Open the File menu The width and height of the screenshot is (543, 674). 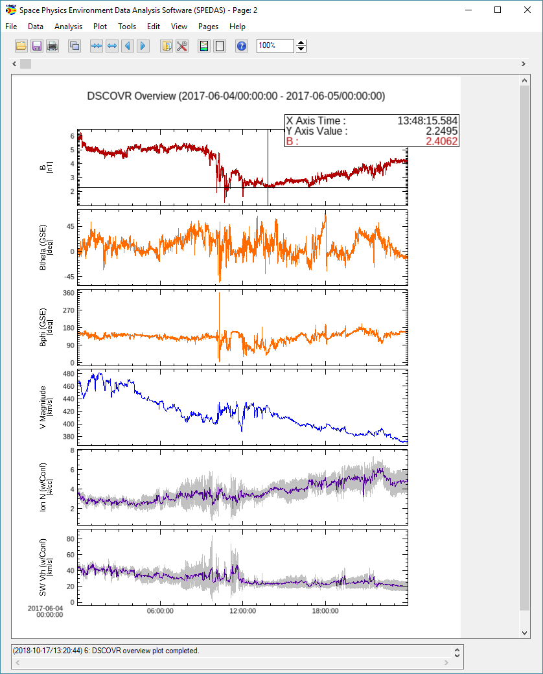pos(11,27)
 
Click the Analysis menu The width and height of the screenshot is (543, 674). pos(68,27)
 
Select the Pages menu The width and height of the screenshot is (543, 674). pos(208,27)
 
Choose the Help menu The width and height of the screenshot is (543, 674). pos(237,27)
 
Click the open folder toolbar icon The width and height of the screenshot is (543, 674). pos(21,46)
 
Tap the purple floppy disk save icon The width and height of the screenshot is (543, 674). pos(37,46)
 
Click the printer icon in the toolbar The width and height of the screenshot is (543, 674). pos(52,46)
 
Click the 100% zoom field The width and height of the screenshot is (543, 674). pos(275,46)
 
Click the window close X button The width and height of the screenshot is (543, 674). pos(527,10)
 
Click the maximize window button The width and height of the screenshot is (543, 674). pos(498,10)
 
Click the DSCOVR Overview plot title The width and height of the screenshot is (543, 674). pos(236,96)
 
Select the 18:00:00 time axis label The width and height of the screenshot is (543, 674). pos(325,610)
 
